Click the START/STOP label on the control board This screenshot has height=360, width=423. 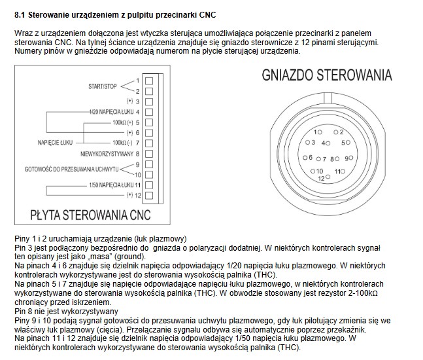click(x=102, y=85)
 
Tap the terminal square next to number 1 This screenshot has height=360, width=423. click(x=148, y=80)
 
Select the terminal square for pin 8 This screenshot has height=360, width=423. click(x=148, y=154)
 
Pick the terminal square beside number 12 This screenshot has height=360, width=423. click(x=148, y=195)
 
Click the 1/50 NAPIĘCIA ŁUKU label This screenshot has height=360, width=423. click(x=110, y=185)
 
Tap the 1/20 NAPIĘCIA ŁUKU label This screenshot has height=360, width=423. click(x=110, y=112)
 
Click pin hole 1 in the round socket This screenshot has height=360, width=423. click(x=319, y=132)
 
